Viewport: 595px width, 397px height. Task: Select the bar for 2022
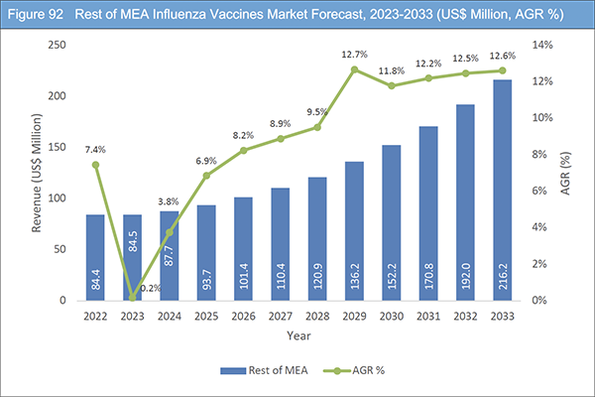[94, 257]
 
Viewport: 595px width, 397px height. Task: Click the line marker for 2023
[132, 297]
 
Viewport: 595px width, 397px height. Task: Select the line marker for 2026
[242, 150]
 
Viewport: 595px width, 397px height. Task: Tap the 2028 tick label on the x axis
[316, 316]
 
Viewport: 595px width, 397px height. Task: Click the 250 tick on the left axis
[58, 46]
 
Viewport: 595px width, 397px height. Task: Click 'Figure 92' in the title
[38, 12]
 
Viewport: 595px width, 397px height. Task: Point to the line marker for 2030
[390, 85]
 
